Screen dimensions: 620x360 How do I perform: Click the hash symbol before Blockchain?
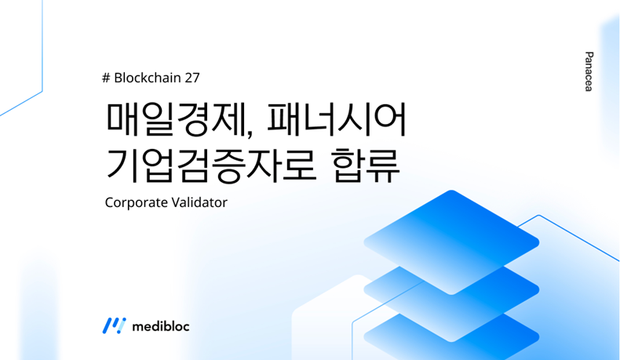pyautogui.click(x=106, y=78)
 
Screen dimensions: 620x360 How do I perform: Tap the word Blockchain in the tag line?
pyautogui.click(x=148, y=78)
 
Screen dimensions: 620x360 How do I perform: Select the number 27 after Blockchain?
pyautogui.click(x=192, y=78)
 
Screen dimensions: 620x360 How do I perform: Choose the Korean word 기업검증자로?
pyautogui.click(x=211, y=165)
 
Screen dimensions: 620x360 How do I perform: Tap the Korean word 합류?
pyautogui.click(x=366, y=165)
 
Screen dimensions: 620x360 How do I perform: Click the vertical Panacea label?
pyautogui.click(x=589, y=71)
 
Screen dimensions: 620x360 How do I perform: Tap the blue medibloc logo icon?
pyautogui.click(x=114, y=325)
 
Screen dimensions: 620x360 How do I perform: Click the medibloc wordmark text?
pyautogui.click(x=161, y=326)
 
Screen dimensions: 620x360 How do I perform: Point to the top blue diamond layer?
pyautogui.click(x=451, y=242)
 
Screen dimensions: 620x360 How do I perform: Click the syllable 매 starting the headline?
pyautogui.click(x=122, y=119)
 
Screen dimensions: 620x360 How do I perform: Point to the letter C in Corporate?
pyautogui.click(x=109, y=202)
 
